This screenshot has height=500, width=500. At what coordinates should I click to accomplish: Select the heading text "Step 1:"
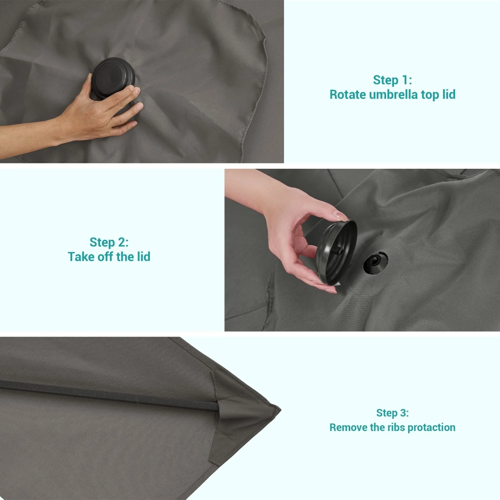tap(392, 80)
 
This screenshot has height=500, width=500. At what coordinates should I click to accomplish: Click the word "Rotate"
tap(348, 94)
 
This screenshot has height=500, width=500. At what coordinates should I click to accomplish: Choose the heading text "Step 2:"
tap(109, 242)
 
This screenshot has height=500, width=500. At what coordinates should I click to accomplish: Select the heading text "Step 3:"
tap(392, 413)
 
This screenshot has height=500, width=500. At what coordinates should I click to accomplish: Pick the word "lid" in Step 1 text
tap(449, 94)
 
